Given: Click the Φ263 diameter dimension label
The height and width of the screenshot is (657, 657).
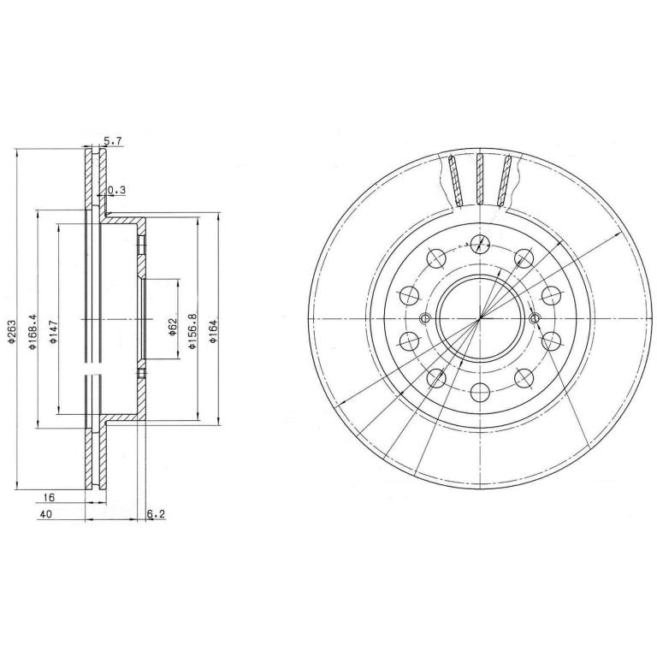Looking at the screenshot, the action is [x=11, y=332].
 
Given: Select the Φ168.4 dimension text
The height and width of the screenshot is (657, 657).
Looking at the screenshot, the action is [x=32, y=331].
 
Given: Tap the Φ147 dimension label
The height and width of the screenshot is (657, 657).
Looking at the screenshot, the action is [x=53, y=332].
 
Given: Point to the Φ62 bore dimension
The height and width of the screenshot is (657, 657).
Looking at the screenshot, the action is [x=172, y=327].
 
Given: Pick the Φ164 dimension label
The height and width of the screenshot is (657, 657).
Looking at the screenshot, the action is [x=213, y=332].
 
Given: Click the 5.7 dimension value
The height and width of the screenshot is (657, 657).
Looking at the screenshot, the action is [x=113, y=142].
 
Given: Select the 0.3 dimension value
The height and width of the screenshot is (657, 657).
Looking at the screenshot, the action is [x=117, y=190].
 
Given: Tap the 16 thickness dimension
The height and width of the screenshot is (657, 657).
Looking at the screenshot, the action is [x=50, y=497].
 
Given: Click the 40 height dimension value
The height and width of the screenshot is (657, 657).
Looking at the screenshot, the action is [x=46, y=514].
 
